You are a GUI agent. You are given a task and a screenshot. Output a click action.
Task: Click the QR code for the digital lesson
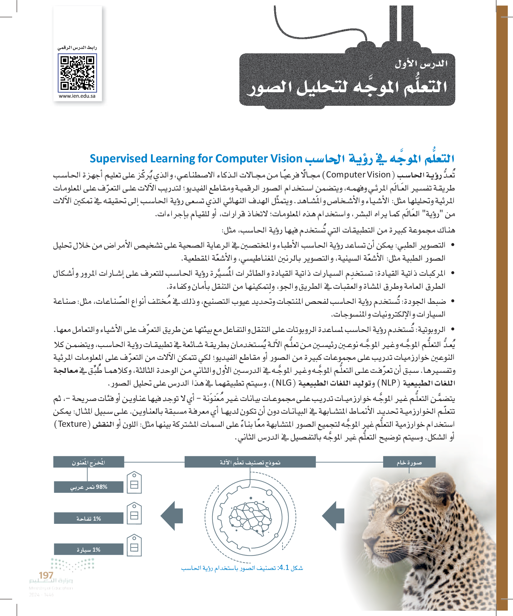[x=77, y=73]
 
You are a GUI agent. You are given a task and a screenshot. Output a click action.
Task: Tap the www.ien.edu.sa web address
[x=77, y=96]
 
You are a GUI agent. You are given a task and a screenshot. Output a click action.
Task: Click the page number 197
[x=46, y=575]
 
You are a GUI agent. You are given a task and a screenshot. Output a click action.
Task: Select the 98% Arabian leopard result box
[x=89, y=487]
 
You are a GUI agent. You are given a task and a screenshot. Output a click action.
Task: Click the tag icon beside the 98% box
[x=134, y=483]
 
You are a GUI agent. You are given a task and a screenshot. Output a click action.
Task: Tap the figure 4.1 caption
[x=242, y=568]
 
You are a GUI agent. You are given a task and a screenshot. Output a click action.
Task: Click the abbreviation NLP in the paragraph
[x=389, y=383]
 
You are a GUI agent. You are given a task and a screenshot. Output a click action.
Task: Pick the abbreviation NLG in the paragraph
[x=284, y=383]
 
